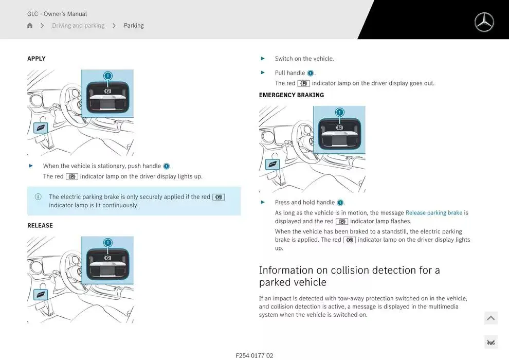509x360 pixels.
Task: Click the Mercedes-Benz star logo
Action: coord(484,22)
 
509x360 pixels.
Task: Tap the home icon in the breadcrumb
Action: coord(30,25)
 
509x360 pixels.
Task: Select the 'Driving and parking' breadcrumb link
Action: coord(78,25)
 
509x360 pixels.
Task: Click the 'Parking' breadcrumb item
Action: coord(134,25)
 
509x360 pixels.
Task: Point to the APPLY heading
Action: coord(37,59)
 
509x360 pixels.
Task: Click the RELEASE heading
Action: coord(40,225)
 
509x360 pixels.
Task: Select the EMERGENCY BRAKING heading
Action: coord(292,95)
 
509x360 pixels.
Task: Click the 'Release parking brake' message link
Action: coord(434,212)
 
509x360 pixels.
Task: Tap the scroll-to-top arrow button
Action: coord(491,318)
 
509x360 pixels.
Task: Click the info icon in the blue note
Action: coord(38,197)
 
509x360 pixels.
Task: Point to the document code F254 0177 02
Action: coord(254,355)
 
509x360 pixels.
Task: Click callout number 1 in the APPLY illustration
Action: coord(108,76)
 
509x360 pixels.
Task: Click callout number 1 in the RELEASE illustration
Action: coord(108,243)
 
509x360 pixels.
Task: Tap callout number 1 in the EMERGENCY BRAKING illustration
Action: coord(339,112)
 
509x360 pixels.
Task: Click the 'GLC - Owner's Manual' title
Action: coord(57,14)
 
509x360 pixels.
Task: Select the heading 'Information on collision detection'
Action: coord(349,276)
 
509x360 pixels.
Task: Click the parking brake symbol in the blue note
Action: coord(219,197)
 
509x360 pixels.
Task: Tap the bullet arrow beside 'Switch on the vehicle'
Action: coord(263,59)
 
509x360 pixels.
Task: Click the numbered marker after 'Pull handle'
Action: coord(311,73)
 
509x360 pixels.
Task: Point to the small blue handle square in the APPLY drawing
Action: coord(41,128)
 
